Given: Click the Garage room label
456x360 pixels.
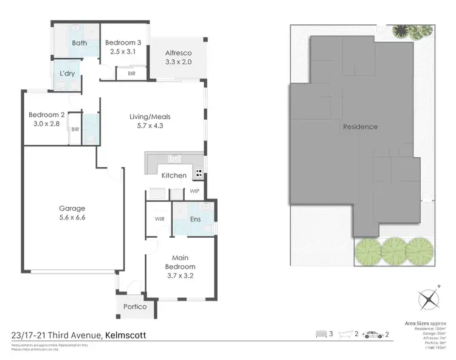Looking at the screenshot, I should click(x=72, y=209).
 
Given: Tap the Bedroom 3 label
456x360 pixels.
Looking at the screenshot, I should click(x=123, y=43).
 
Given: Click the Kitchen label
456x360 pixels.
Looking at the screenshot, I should click(x=174, y=176).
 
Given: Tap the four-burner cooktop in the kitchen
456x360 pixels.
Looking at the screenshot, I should click(x=198, y=173).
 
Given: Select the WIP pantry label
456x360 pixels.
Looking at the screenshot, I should click(x=195, y=190).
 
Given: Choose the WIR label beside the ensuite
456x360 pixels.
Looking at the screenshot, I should click(x=160, y=219).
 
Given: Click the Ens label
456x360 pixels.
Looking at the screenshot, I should click(x=196, y=219).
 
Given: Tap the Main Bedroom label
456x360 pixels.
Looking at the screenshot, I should click(x=180, y=262).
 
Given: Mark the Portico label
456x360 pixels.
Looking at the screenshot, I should click(x=135, y=306).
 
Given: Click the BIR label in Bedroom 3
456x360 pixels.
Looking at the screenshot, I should click(x=132, y=73).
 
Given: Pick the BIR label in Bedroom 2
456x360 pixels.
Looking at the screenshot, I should click(x=75, y=130).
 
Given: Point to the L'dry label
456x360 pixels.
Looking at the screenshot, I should click(x=67, y=74).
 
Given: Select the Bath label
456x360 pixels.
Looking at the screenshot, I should click(x=80, y=43).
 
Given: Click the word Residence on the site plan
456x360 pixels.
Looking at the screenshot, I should click(x=360, y=127).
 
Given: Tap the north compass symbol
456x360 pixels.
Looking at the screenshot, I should click(x=429, y=299).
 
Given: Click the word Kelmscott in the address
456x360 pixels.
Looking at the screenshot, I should click(x=125, y=335).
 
